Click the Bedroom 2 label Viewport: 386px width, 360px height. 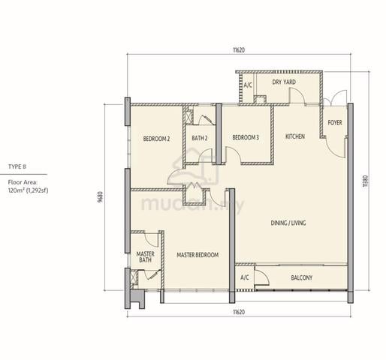click(x=156, y=139)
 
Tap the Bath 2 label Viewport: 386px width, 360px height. click(x=200, y=138)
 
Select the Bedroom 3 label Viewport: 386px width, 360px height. click(x=246, y=137)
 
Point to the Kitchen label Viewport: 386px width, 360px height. click(x=295, y=136)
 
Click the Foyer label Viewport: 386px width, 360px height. click(x=335, y=123)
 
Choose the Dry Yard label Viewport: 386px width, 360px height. click(x=284, y=82)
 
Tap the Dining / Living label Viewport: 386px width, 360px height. click(x=288, y=223)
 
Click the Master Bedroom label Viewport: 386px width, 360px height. click(x=198, y=255)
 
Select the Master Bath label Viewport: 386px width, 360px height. click(x=145, y=257)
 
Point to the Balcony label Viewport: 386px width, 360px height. click(x=302, y=277)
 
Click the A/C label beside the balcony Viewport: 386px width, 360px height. click(x=245, y=277)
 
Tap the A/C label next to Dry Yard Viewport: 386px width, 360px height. click(x=248, y=85)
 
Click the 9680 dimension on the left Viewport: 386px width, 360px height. click(x=101, y=197)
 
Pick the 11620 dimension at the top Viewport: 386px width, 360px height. click(x=239, y=50)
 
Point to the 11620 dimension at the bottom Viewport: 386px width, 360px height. click(x=239, y=312)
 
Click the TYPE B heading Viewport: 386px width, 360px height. click(x=17, y=166)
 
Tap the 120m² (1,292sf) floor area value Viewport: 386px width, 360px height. click(x=28, y=190)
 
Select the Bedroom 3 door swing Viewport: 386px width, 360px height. click(x=234, y=155)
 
